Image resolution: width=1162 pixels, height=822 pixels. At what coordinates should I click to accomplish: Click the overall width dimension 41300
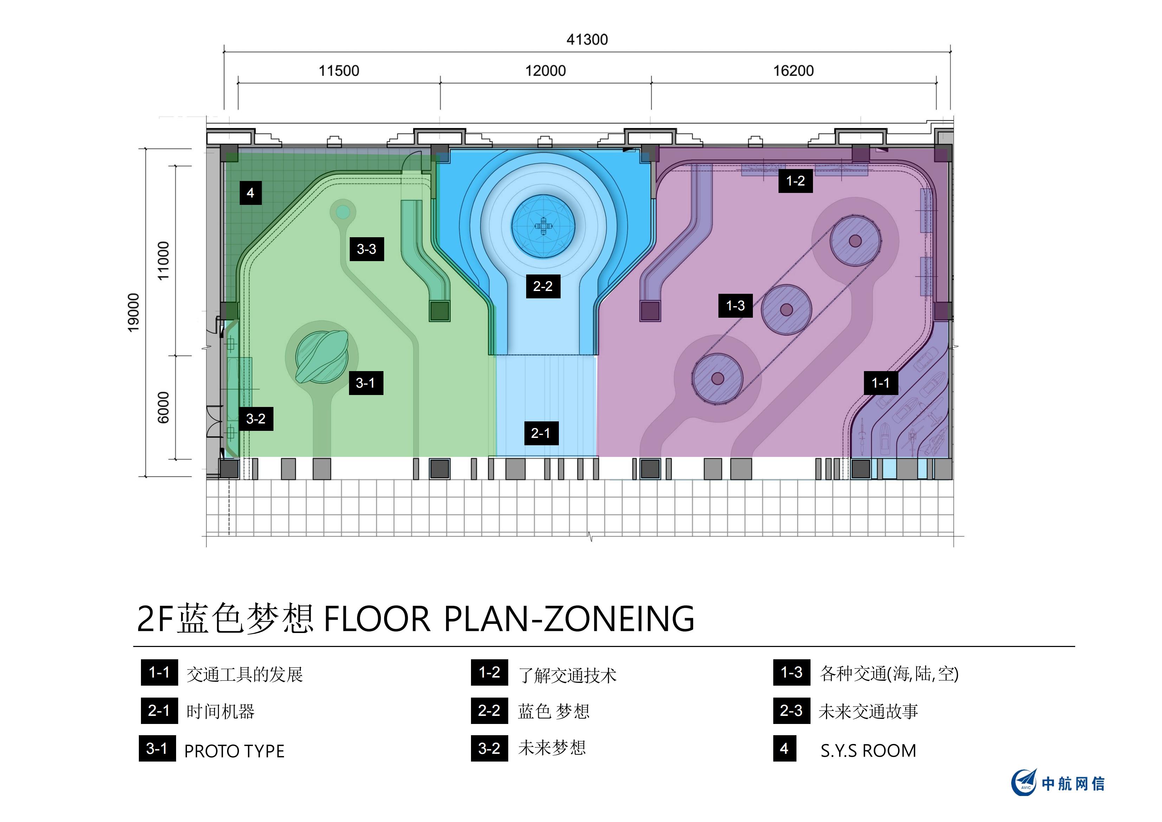pos(587,39)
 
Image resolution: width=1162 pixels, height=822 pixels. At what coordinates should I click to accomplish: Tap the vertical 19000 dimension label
pos(133,312)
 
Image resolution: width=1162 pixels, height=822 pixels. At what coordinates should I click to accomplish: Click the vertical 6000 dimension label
pos(163,407)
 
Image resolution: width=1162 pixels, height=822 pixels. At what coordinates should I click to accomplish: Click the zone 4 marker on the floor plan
pos(251,193)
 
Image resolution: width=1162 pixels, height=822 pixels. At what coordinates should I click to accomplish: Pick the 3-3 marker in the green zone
pos(366,249)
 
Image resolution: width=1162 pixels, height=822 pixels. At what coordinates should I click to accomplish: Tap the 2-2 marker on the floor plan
pos(543,286)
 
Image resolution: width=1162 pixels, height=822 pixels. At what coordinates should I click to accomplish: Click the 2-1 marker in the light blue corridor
pos(541,433)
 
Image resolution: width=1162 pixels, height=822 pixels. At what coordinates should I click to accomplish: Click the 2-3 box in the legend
pos(792,711)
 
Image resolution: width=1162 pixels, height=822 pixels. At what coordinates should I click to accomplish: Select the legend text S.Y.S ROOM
pos(869,750)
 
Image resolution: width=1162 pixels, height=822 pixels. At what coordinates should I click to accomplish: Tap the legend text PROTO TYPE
pos(234,751)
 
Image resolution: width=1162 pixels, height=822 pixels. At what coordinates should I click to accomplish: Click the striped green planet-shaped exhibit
pos(322,356)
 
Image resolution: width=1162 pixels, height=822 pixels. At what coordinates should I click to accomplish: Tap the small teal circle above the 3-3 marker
pos(343,212)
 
